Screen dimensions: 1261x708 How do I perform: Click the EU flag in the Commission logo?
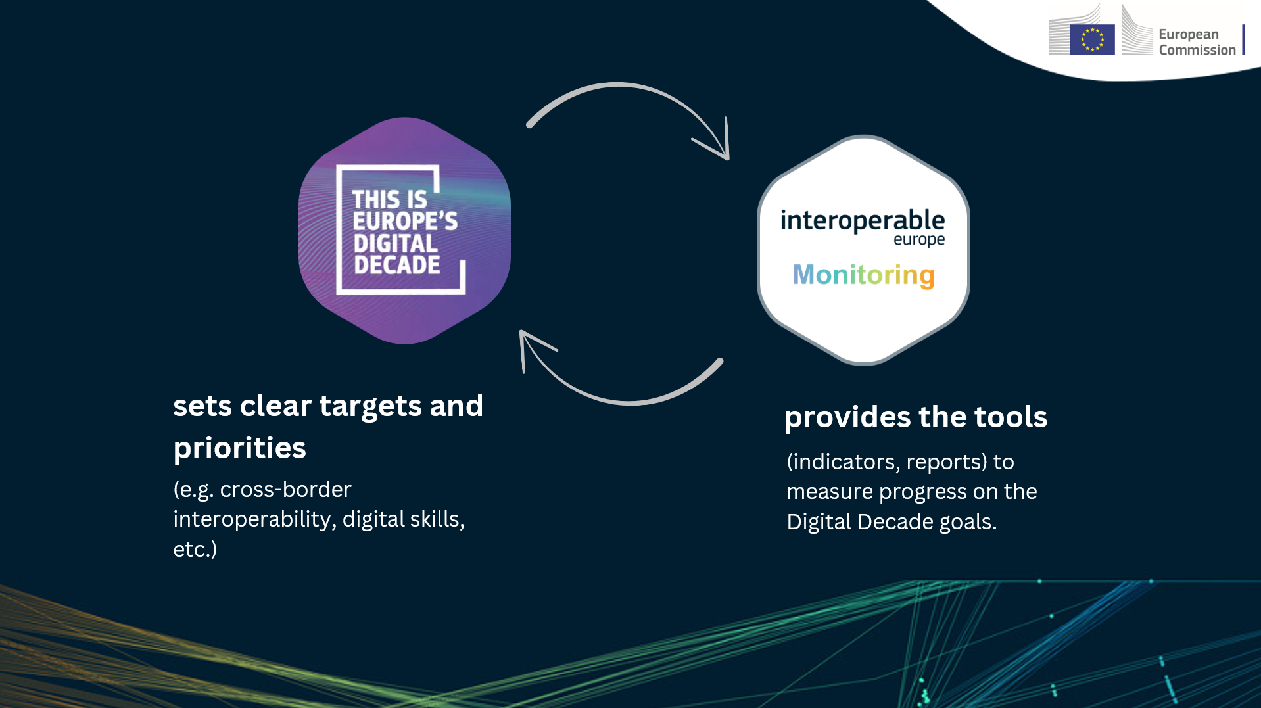(1092, 39)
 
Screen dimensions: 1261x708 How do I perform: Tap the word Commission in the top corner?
(1197, 50)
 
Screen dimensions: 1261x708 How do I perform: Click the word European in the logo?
(1189, 35)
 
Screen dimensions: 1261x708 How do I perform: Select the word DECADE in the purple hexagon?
(397, 265)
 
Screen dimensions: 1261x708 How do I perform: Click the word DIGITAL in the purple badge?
(395, 243)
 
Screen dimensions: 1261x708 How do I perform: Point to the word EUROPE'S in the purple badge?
(405, 221)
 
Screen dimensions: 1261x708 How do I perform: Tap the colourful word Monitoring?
(864, 275)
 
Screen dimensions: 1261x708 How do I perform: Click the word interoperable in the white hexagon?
(863, 221)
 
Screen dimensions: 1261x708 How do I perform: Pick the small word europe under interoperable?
(919, 240)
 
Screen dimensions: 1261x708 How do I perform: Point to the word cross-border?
(286, 490)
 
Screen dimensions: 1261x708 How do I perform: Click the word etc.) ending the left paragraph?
(195, 550)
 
